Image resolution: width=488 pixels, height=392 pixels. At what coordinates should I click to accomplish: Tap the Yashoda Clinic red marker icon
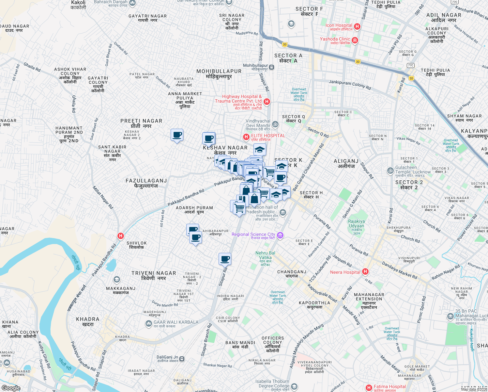(355, 41)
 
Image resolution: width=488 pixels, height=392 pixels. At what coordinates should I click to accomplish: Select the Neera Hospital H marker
(365, 272)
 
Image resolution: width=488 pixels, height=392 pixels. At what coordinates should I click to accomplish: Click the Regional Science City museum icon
(280, 235)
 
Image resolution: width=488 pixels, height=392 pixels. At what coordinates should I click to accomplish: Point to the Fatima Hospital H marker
(369, 388)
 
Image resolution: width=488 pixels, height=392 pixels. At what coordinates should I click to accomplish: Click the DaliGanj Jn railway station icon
(182, 359)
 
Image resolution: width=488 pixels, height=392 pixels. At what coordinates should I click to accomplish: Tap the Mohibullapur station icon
(272, 67)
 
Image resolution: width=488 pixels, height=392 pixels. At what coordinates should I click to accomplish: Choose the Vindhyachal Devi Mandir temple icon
(275, 124)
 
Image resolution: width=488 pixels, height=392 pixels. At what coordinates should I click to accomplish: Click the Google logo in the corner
(11, 388)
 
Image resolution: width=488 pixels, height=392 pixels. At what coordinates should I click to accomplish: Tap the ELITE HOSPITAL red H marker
(246, 137)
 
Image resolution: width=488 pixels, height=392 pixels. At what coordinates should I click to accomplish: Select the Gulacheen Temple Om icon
(390, 171)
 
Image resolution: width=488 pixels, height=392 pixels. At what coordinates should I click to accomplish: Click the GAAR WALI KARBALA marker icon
(149, 323)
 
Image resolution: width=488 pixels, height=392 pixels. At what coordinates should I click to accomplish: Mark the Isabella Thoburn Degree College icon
(294, 387)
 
